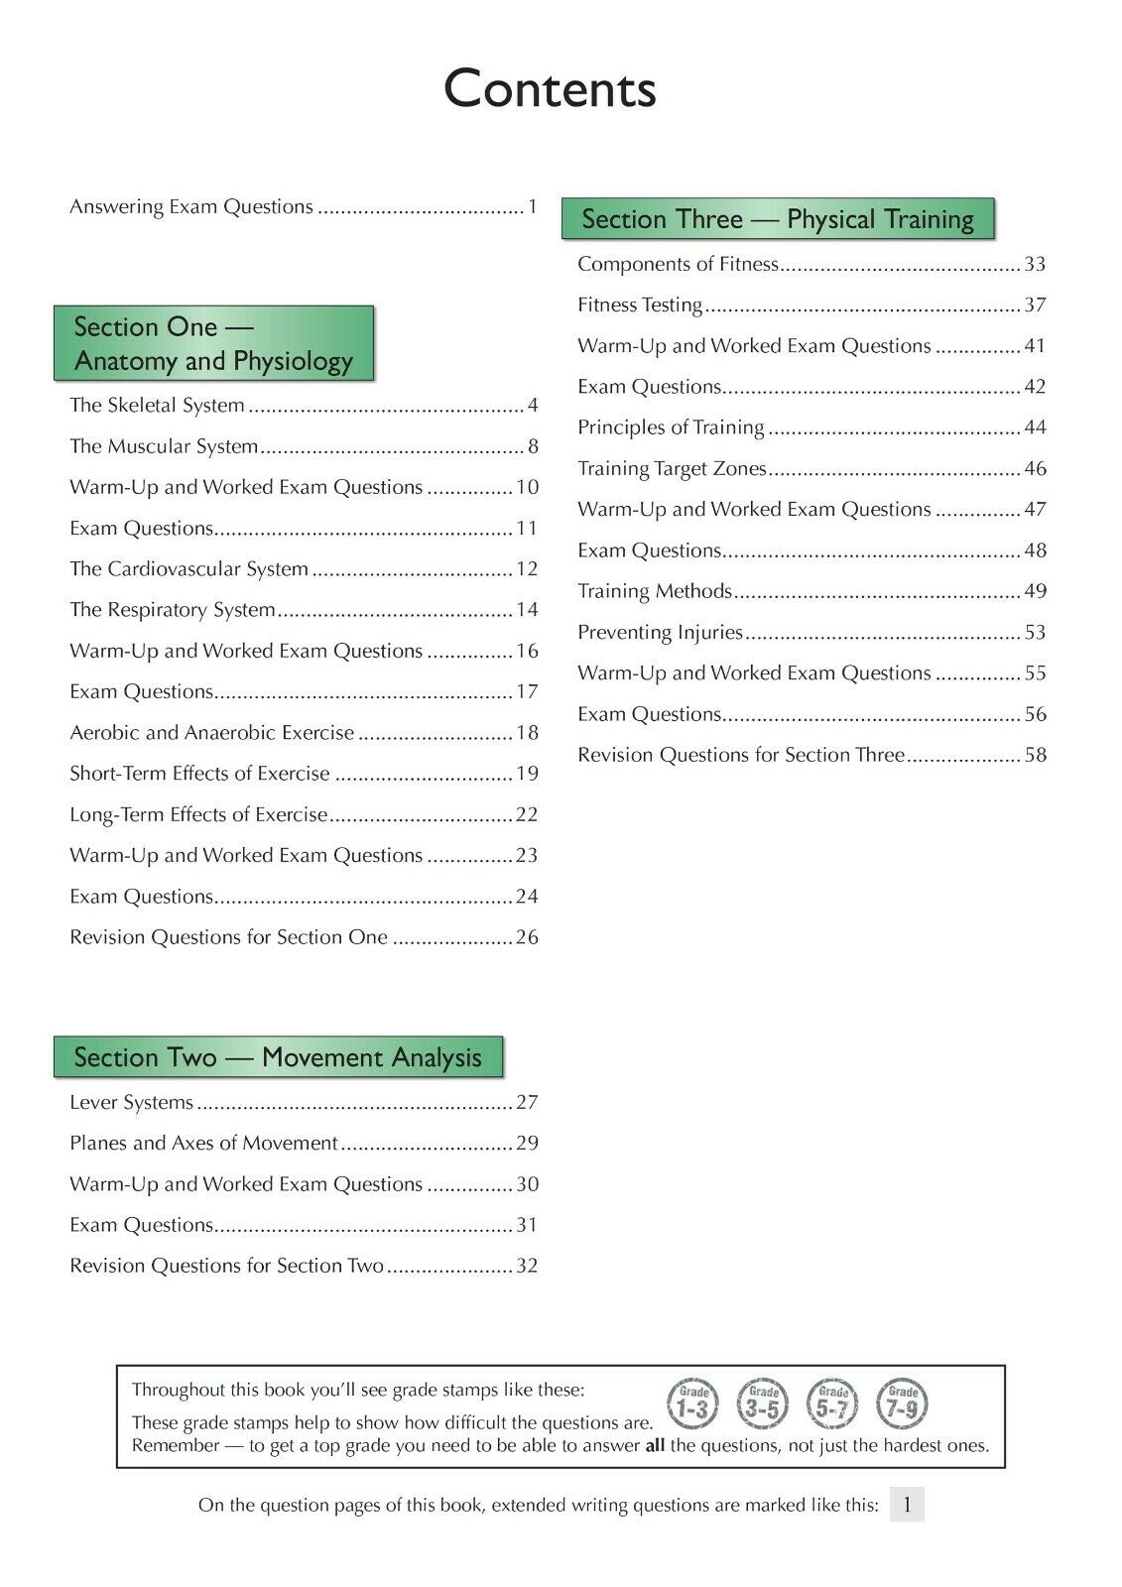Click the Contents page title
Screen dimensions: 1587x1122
coord(550,89)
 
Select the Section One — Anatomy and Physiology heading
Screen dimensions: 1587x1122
coord(213,343)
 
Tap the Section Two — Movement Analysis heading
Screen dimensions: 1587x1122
coord(278,1057)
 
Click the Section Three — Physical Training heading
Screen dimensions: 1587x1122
coord(778,219)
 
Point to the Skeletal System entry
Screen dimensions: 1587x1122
coord(157,405)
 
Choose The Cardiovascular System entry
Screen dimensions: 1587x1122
coord(188,568)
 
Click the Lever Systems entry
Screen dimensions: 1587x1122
coord(131,1102)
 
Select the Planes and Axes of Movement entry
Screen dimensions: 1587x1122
coord(203,1143)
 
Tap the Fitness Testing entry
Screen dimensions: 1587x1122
coord(640,305)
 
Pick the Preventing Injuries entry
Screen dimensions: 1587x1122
coord(660,632)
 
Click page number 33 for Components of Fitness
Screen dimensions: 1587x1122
coord(1035,264)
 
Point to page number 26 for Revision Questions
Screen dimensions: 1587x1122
coord(527,937)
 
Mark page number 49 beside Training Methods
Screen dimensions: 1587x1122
coord(1035,591)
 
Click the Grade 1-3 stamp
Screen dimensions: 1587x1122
coord(692,1404)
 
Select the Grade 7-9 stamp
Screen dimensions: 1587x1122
coord(902,1404)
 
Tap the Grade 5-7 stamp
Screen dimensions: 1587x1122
coord(832,1404)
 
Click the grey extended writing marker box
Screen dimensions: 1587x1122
coord(907,1505)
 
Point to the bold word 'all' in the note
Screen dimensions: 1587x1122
coord(655,1445)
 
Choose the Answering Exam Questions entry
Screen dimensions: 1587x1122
coord(191,206)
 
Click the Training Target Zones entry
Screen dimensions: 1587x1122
coord(672,468)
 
